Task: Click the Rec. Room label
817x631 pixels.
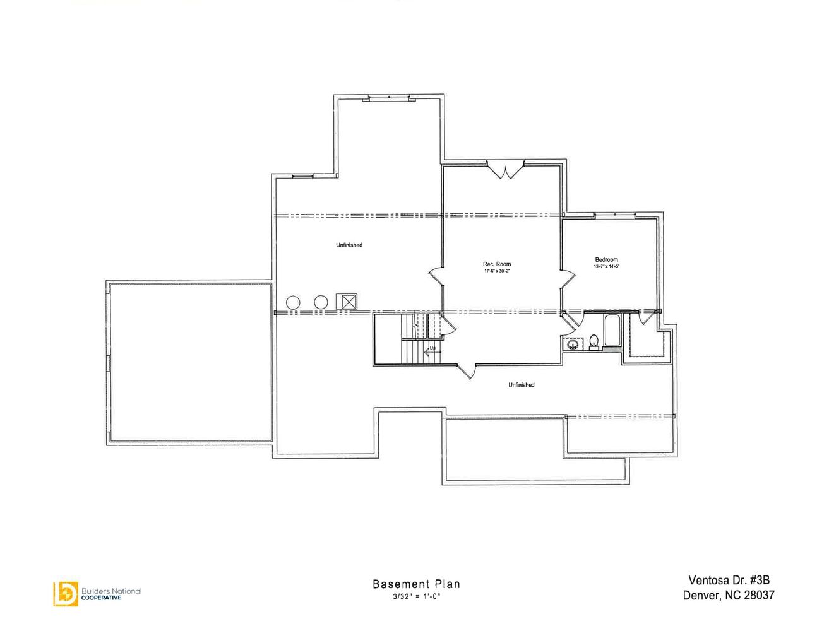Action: (x=496, y=264)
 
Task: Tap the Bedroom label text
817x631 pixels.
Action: (x=606, y=259)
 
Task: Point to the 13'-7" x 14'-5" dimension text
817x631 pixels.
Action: (x=606, y=267)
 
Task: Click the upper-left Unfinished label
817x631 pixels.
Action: (x=349, y=245)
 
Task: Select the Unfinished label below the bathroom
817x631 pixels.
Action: (x=521, y=385)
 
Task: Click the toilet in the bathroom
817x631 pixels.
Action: (x=593, y=341)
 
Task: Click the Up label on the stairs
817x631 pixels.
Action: (x=432, y=348)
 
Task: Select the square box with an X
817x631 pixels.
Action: (x=347, y=302)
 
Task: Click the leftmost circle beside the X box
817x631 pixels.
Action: (x=293, y=302)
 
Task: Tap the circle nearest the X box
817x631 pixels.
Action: (x=321, y=302)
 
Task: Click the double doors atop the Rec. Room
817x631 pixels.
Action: (x=505, y=170)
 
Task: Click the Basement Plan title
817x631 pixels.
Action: (x=416, y=584)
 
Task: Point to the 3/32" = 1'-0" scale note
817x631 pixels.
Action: (x=416, y=596)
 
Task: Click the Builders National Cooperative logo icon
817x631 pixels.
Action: (x=65, y=593)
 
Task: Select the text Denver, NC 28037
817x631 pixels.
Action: (x=728, y=595)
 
